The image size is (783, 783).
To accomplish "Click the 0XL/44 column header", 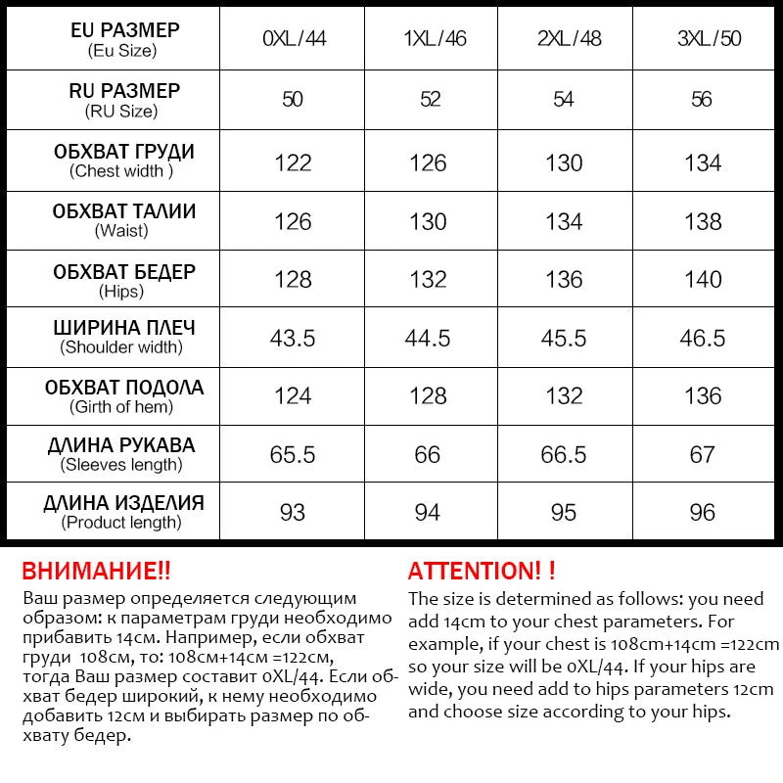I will click(x=294, y=39).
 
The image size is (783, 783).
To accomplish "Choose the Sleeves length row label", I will click(x=122, y=454).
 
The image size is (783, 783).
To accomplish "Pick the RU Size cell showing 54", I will click(x=564, y=100).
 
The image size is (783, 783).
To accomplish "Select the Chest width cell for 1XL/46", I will click(x=428, y=162).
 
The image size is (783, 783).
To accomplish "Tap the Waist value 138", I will click(x=703, y=222).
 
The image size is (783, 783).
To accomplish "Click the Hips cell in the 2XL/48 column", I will click(x=564, y=280).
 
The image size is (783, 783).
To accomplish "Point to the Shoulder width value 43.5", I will click(x=293, y=339).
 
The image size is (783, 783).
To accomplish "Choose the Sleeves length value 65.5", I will click(x=293, y=455).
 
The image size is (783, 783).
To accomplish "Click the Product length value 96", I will click(x=703, y=513).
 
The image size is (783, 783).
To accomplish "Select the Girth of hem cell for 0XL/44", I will click(x=293, y=396).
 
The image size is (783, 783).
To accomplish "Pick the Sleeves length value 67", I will click(x=703, y=455).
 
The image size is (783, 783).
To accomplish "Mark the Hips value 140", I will click(x=703, y=280).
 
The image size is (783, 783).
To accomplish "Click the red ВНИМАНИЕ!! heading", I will click(x=96, y=571).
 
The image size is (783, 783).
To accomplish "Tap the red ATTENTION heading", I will click(x=482, y=571).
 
